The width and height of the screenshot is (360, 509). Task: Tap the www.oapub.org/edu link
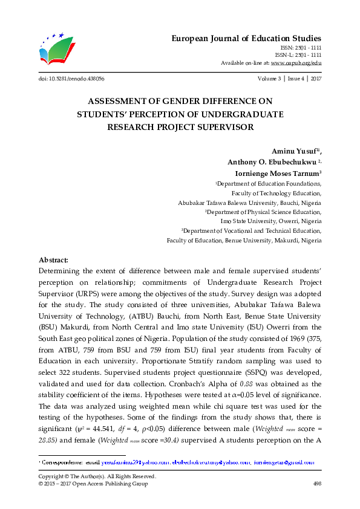coord(296,62)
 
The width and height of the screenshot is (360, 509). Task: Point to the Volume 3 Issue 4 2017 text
coord(290,79)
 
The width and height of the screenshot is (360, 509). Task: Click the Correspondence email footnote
coord(176,462)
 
